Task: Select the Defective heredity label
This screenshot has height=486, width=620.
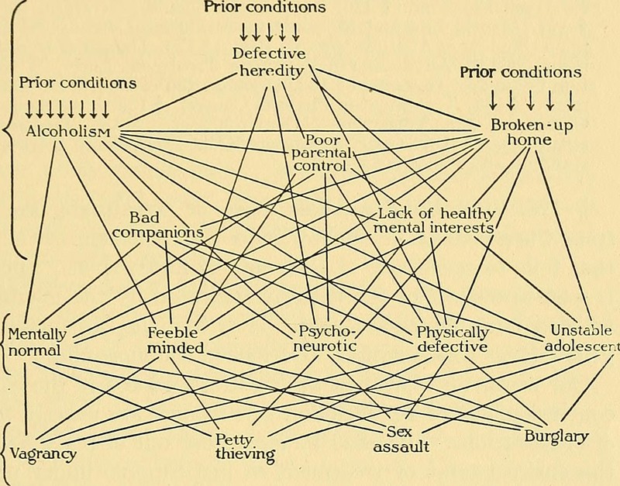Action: pyautogui.click(x=270, y=62)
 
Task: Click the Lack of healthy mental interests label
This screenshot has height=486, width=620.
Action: pyautogui.click(x=434, y=220)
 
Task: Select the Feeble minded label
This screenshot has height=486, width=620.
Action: pyautogui.click(x=175, y=341)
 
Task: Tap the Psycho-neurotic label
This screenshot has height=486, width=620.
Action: pyautogui.click(x=325, y=340)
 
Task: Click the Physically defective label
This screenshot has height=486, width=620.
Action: pyautogui.click(x=453, y=340)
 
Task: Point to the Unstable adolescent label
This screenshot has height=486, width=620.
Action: pyautogui.click(x=580, y=338)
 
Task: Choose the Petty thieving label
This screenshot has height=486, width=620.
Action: pyautogui.click(x=245, y=447)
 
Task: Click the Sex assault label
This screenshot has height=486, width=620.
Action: pyautogui.click(x=401, y=439)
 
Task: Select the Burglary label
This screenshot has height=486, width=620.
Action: pyautogui.click(x=556, y=436)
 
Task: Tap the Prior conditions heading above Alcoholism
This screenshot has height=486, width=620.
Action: pyautogui.click(x=77, y=81)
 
